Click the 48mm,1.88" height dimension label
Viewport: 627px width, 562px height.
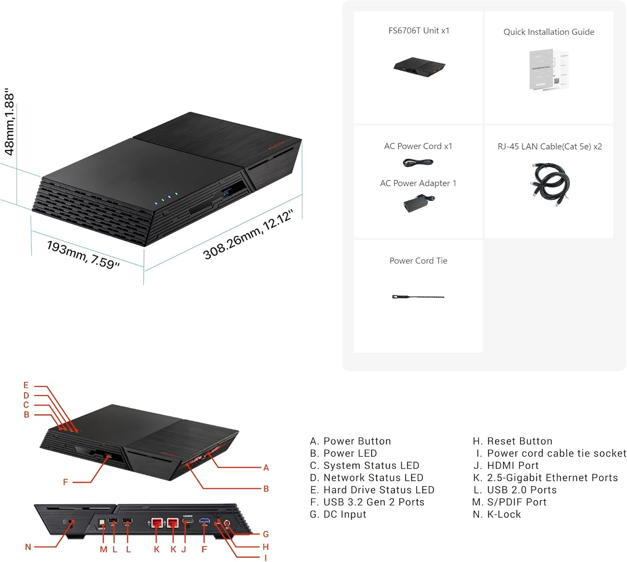tap(9, 122)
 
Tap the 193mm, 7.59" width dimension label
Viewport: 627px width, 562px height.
tap(83, 254)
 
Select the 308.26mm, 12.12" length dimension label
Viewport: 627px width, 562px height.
tap(247, 235)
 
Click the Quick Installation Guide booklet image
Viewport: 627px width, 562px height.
tap(548, 70)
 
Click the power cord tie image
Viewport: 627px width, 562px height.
tap(418, 297)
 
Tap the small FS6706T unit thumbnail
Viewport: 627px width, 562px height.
tap(419, 67)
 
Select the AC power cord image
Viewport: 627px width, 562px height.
tap(418, 162)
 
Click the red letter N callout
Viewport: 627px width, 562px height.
tap(28, 547)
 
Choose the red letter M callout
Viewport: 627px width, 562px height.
tap(103, 549)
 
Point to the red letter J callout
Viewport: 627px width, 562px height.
tap(184, 549)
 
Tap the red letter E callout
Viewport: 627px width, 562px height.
tap(26, 385)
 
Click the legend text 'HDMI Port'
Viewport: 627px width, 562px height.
tap(513, 466)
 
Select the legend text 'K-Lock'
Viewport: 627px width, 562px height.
tap(504, 514)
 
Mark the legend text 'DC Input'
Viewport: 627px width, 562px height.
tap(345, 514)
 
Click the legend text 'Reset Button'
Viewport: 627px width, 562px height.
tap(520, 441)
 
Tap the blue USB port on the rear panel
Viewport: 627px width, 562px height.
tap(204, 521)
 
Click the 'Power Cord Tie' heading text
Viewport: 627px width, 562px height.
tap(418, 261)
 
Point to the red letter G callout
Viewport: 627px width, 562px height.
tap(266, 534)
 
